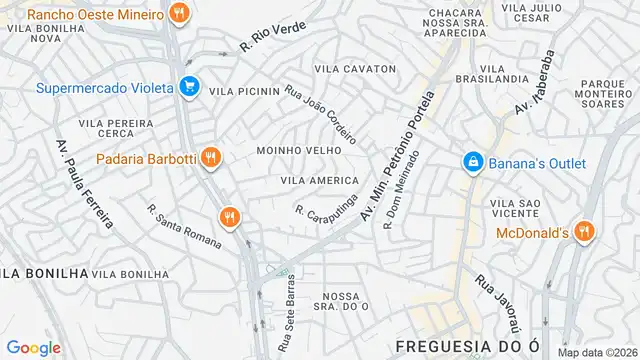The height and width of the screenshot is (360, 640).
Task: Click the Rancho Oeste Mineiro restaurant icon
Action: tap(179, 14)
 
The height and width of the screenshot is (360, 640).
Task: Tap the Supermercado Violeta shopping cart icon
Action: tap(189, 87)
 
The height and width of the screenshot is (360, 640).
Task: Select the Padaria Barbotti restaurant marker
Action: tap(210, 157)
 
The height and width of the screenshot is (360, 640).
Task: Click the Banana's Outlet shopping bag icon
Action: tap(472, 160)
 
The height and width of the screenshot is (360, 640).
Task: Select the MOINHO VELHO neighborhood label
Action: tap(299, 150)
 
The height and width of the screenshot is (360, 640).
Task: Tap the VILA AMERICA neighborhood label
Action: tap(320, 180)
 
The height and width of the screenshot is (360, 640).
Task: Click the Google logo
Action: tap(33, 348)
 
